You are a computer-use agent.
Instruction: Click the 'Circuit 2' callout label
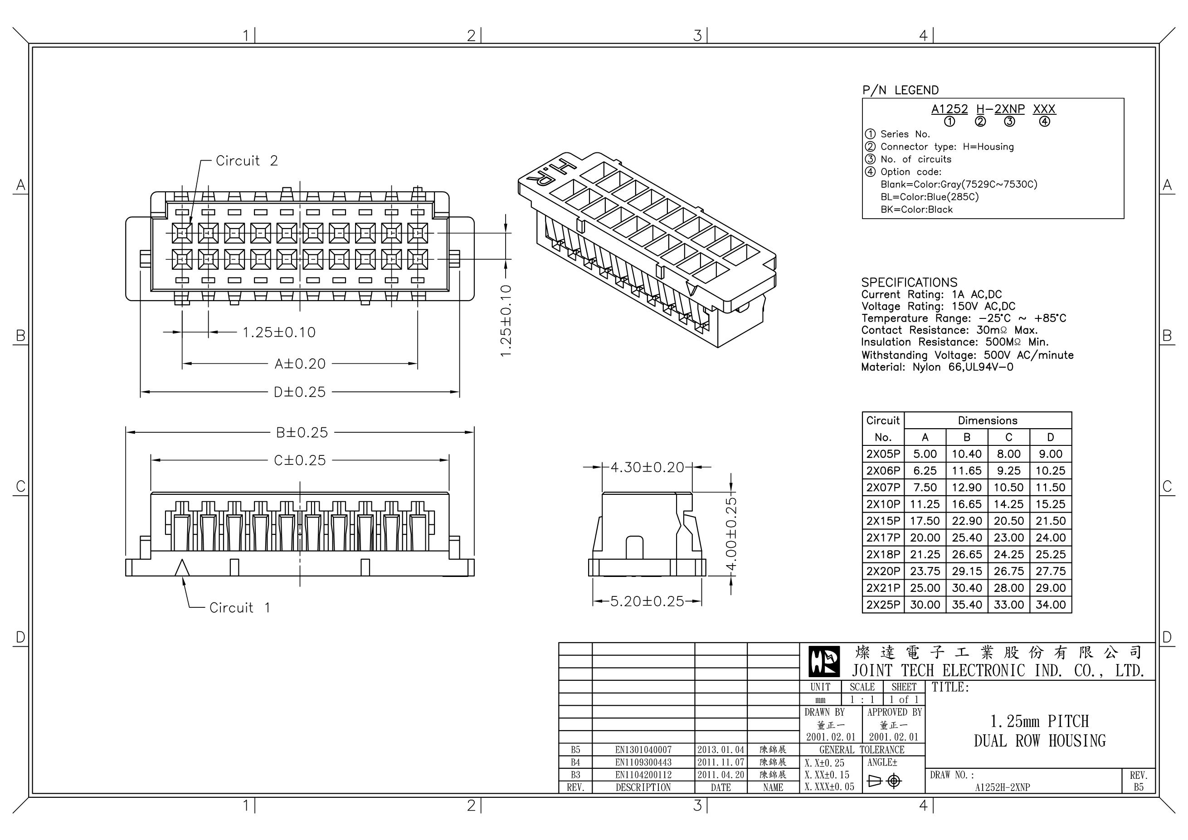pos(246,161)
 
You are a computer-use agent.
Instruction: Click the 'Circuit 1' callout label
pos(239,607)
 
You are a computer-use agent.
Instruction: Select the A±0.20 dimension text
pos(300,364)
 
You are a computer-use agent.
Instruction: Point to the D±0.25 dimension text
pos(300,392)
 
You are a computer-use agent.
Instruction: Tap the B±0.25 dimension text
pos(302,432)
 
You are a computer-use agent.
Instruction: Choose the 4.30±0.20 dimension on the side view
pos(647,467)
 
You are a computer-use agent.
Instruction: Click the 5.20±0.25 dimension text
pos(647,601)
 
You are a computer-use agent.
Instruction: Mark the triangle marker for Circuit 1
pos(182,568)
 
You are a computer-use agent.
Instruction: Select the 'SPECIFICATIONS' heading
pos(909,282)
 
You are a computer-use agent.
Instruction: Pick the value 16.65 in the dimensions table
pos(967,504)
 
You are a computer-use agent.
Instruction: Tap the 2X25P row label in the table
pos(883,605)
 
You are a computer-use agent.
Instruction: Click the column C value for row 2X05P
pos(1008,454)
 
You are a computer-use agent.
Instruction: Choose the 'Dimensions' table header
pos(987,420)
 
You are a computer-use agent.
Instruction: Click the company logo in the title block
pos(824,662)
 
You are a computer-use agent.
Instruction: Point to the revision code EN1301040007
pos(643,749)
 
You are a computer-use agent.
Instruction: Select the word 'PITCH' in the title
pos(1068,721)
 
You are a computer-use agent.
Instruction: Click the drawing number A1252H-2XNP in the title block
pos(1002,787)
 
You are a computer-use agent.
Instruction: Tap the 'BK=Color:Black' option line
pos(916,210)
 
